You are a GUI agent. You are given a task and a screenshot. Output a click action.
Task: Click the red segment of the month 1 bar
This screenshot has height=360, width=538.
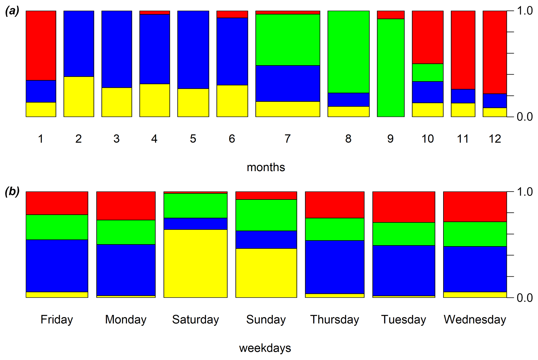[x=41, y=45]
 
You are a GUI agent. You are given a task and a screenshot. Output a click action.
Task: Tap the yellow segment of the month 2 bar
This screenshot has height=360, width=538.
[x=78, y=97]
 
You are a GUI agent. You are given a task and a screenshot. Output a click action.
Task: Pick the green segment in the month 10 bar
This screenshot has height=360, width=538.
[x=428, y=72]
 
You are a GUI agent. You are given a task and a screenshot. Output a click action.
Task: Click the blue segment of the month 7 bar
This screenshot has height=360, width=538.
[x=287, y=83]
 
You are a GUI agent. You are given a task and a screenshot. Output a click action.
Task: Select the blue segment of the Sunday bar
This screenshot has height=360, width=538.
[x=266, y=240]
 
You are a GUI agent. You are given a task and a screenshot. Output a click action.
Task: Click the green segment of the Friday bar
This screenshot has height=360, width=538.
[x=57, y=227]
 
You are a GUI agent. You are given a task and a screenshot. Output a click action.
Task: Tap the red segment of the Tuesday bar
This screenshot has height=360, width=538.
[x=404, y=207]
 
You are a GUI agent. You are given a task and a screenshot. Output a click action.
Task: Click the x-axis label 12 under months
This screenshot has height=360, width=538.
[x=495, y=139]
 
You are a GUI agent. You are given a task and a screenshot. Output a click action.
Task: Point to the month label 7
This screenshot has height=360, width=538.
[x=287, y=139]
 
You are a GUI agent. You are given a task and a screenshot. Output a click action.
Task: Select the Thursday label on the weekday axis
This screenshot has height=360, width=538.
[x=335, y=319]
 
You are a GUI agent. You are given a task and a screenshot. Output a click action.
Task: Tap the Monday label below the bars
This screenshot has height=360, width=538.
[x=126, y=319]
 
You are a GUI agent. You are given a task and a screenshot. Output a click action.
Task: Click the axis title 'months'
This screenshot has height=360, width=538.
[x=266, y=167]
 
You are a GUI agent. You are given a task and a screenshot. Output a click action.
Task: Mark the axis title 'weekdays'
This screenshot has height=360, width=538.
[x=265, y=348]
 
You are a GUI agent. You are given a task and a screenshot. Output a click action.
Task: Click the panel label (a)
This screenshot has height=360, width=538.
[x=12, y=11]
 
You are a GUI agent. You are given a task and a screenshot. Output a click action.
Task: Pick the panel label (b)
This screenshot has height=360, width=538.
[x=12, y=192]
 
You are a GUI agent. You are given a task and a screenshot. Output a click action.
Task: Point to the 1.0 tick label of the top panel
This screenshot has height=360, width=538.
[x=525, y=11]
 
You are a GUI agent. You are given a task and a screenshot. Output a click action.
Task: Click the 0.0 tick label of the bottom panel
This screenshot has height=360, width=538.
[x=525, y=298]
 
